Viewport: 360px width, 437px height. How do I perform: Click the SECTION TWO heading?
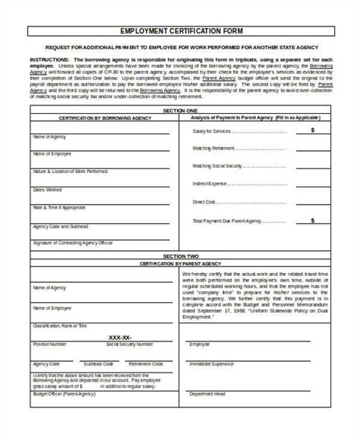coord(180,257)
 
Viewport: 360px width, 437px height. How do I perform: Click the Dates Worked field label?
coord(46,189)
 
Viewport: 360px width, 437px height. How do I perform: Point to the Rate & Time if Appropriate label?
coord(58,207)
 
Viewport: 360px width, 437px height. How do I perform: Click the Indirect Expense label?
coord(210,184)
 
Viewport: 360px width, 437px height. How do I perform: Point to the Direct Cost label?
coord(206,201)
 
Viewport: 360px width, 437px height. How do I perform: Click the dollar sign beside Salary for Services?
coord(314,130)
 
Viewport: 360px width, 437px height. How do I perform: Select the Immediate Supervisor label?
coord(215,363)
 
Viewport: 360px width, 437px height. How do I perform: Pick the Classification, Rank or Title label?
coord(60,325)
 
